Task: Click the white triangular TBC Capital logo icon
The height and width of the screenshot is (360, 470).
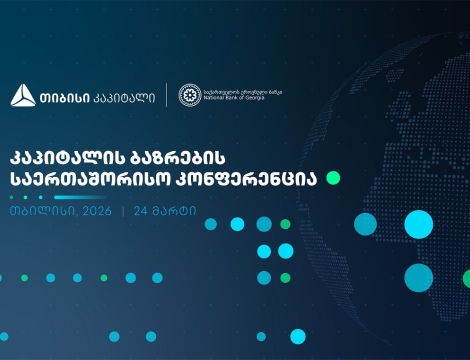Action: [23, 96]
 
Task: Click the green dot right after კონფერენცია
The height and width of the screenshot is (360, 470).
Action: [333, 178]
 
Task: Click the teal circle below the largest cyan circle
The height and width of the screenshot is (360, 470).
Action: [418, 277]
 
